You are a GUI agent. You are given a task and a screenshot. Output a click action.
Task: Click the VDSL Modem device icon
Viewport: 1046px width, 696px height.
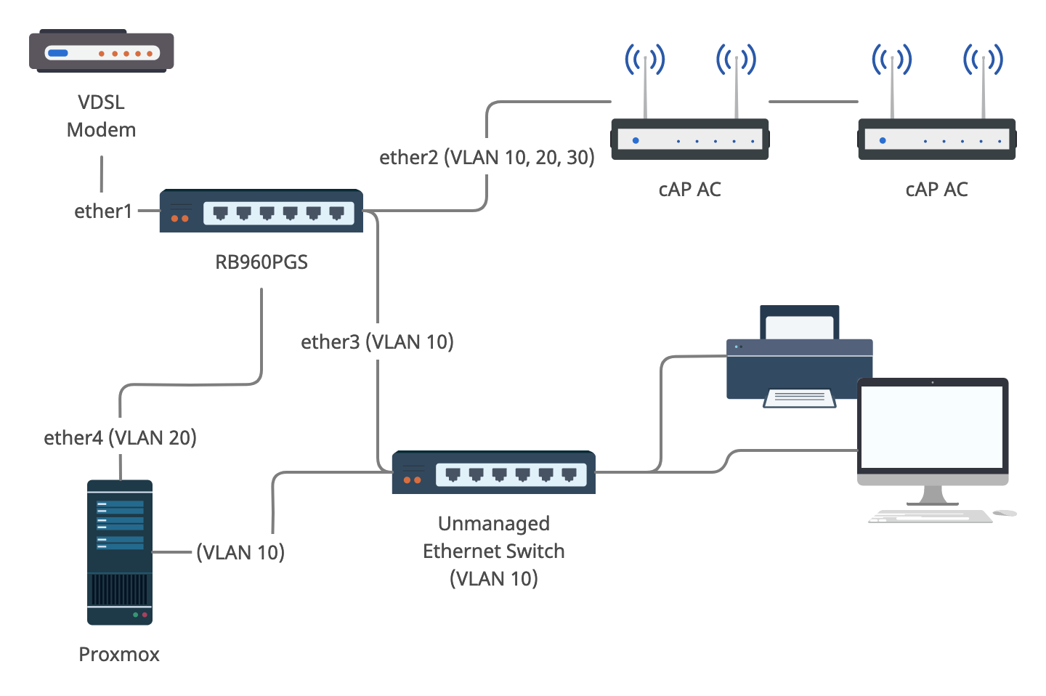coord(101,51)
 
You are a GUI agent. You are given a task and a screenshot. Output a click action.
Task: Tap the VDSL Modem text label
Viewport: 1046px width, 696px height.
coord(101,116)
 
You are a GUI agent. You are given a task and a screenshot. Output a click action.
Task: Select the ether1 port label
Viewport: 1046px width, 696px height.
coord(103,211)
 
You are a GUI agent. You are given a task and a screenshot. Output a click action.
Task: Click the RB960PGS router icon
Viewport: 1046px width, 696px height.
coord(261,211)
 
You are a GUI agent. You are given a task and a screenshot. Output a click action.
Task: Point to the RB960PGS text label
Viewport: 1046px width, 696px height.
coord(261,262)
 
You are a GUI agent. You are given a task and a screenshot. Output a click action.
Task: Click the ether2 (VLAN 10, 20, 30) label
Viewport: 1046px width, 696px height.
coord(487,158)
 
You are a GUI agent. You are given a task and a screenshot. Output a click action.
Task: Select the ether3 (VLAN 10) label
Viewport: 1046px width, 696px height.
coord(377,342)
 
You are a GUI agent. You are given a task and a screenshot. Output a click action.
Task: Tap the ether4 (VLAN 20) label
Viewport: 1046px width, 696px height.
coord(120,437)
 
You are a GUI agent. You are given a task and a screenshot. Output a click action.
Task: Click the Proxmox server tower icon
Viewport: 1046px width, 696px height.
coord(120,552)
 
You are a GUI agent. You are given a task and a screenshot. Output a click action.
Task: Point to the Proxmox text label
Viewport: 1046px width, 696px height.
coord(119,655)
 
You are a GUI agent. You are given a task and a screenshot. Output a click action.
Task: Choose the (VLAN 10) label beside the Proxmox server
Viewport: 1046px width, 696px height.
coord(240,553)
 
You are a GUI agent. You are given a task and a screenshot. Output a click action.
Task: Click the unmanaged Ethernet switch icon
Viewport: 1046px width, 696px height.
coord(493,472)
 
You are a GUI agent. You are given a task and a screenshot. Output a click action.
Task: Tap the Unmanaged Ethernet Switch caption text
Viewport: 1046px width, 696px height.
coord(494,551)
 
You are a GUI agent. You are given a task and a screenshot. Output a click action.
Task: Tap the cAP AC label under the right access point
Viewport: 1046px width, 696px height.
coord(936,190)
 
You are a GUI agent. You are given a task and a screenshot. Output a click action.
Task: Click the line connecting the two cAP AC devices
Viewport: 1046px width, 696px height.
coord(814,102)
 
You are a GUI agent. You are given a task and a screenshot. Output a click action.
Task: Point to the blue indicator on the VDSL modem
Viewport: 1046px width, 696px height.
coord(57,53)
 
